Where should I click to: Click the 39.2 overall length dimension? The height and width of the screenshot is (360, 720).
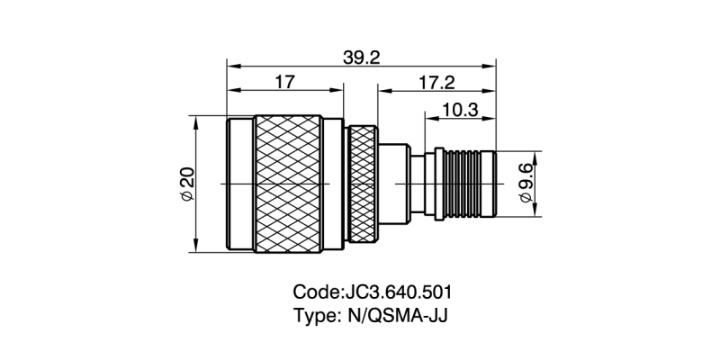coord(362,57)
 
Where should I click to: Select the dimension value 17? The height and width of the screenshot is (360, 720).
coord(284,82)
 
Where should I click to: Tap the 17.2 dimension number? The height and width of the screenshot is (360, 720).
coord(436,82)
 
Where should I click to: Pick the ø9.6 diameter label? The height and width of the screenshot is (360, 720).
coord(526,184)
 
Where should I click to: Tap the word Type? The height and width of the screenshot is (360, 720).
coord(314,317)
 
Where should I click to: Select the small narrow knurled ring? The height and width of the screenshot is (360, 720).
coord(364,184)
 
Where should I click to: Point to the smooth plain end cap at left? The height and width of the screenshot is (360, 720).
coord(239,184)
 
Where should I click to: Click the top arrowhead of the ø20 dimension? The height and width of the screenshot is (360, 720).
coord(197,121)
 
